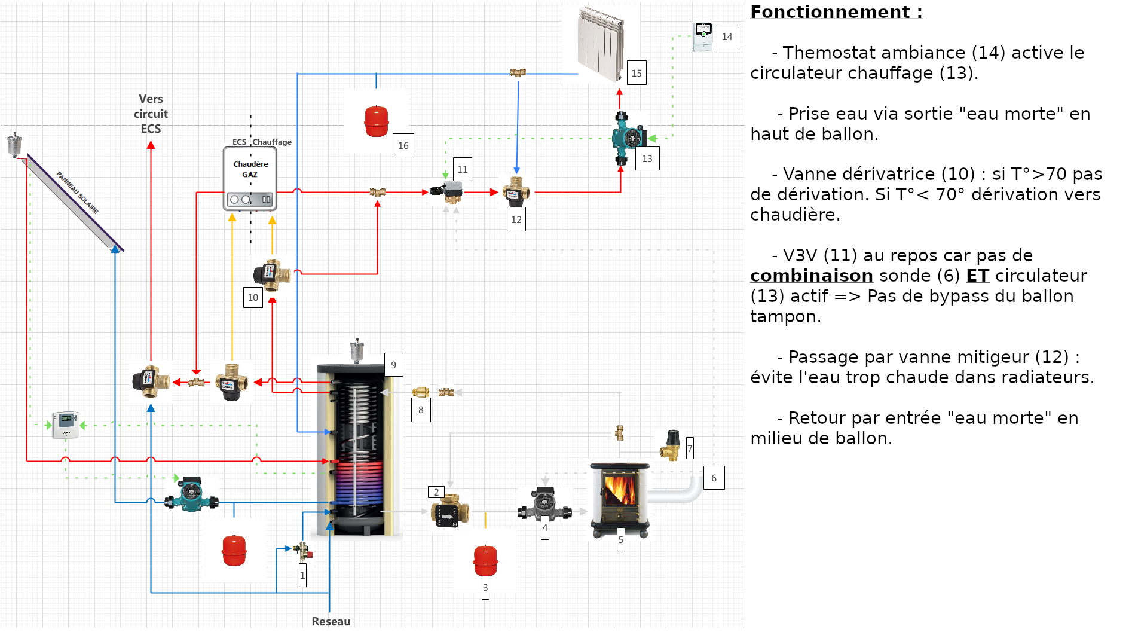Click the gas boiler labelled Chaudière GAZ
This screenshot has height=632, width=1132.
pyautogui.click(x=250, y=179)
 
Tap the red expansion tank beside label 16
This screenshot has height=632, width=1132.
pyautogui.click(x=377, y=121)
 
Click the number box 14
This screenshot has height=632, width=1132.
pyautogui.click(x=727, y=36)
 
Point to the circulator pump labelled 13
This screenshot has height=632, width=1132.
pyautogui.click(x=628, y=138)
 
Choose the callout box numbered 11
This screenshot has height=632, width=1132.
pyautogui.click(x=463, y=169)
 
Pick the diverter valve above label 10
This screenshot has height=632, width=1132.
pyautogui.click(x=273, y=274)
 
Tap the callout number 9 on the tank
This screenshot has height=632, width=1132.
pyautogui.click(x=393, y=365)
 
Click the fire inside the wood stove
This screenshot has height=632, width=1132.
pyautogui.click(x=620, y=488)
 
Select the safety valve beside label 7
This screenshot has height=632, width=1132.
pyautogui.click(x=671, y=445)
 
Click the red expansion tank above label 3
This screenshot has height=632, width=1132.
pyautogui.click(x=485, y=560)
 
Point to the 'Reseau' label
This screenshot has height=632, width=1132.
pyautogui.click(x=331, y=621)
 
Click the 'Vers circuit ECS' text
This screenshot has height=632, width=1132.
pyautogui.click(x=151, y=114)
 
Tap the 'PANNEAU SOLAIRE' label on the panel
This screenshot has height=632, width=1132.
pyautogui.click(x=78, y=193)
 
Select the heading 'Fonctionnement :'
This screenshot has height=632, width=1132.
pyautogui.click(x=836, y=12)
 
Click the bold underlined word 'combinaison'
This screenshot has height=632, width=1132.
pyautogui.click(x=812, y=276)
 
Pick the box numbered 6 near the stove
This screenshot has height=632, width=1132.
pyautogui.click(x=714, y=478)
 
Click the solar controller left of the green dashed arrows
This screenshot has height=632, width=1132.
pyautogui.click(x=65, y=425)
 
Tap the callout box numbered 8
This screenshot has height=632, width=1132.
pyautogui.click(x=421, y=410)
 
